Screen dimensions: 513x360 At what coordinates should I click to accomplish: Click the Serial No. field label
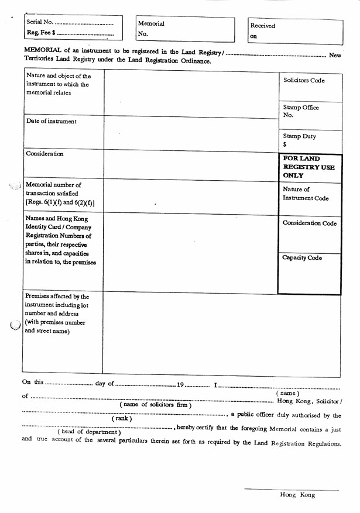tap(40, 22)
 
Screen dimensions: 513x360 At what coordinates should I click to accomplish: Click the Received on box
tap(295, 31)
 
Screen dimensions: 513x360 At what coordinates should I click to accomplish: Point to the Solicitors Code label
tap(304, 80)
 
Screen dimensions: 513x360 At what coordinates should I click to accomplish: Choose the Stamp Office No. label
tap(301, 111)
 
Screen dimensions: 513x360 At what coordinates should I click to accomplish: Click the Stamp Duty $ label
tap(299, 140)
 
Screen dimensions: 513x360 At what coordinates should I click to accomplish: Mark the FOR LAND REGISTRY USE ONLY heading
tap(309, 167)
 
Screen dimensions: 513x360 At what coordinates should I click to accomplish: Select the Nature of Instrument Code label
tap(306, 194)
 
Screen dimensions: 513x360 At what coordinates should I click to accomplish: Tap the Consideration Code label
tap(310, 223)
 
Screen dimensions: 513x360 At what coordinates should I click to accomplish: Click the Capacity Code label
tap(302, 257)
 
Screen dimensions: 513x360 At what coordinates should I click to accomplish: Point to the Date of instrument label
tap(52, 121)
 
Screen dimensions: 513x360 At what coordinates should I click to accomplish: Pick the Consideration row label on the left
tap(44, 154)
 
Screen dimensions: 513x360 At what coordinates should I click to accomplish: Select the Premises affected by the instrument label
tap(57, 314)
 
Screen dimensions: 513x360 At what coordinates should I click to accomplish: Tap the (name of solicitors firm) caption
tap(155, 405)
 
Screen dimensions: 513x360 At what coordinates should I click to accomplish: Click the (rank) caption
tap(122, 418)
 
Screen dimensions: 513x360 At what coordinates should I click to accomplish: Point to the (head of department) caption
tap(89, 432)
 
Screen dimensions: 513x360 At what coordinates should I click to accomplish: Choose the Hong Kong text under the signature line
tap(297, 495)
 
